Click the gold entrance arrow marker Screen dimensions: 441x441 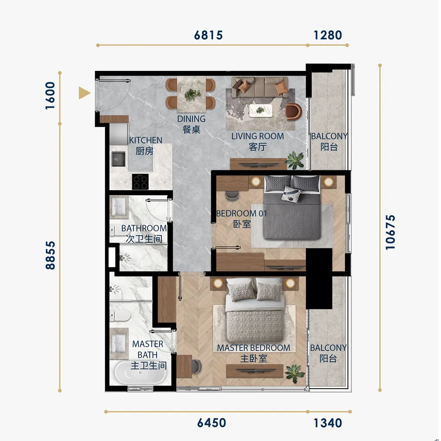tap(84, 93)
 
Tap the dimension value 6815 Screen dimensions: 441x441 tap(208, 35)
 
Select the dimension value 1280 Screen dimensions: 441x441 tap(328, 35)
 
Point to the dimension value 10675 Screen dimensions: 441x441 tap(390, 232)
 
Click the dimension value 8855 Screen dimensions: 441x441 tap(50, 256)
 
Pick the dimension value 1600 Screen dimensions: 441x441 tap(50, 96)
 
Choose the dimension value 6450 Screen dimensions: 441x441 tap(211, 423)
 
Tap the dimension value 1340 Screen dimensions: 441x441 tap(328, 423)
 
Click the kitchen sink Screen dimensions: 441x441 tap(118, 159)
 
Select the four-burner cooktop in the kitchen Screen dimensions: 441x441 tap(141, 182)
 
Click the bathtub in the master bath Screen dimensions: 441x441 tap(140, 373)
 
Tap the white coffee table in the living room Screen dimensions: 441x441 tap(261, 111)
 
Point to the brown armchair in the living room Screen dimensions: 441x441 tap(293, 111)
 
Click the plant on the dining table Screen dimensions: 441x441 tap(192, 94)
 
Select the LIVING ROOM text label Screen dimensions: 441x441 tap(258, 136)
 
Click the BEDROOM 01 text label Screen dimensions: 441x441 tap(241, 214)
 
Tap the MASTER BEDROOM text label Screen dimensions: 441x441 tap(253, 348)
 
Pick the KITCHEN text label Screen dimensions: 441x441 tap(146, 141)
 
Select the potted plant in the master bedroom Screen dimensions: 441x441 tap(294, 374)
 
